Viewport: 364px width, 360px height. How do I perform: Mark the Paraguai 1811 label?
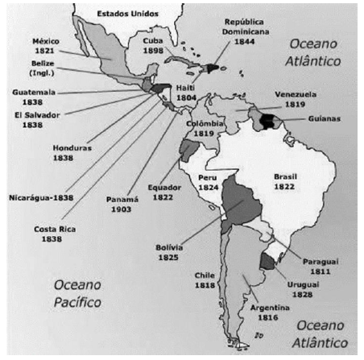(319, 266)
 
